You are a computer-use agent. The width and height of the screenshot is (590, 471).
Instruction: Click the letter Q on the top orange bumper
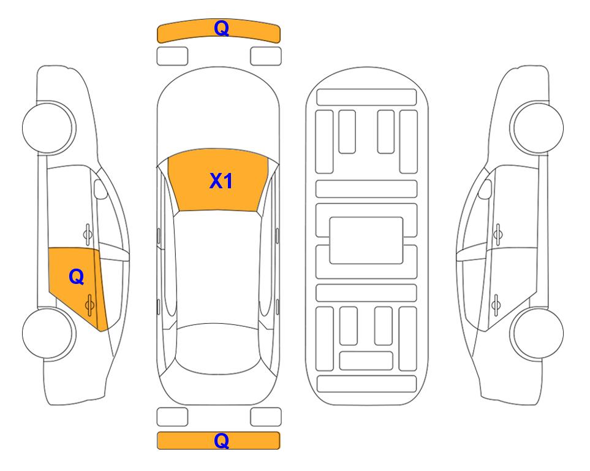click(221, 28)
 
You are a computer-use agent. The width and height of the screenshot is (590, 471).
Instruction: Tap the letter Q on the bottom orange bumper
click(221, 440)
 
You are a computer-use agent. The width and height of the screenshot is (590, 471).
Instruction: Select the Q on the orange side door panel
click(77, 277)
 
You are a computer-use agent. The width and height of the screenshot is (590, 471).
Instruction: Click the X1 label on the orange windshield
click(221, 181)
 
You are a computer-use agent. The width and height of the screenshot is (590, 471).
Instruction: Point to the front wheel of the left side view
click(48, 128)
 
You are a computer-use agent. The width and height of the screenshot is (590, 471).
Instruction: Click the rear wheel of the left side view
click(48, 333)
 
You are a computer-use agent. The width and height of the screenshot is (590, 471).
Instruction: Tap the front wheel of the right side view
click(537, 128)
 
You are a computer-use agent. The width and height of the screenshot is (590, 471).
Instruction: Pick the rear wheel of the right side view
click(537, 333)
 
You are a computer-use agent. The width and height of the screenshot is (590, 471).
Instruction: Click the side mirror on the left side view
click(100, 189)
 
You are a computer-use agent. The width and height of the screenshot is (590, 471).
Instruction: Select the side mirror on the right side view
click(485, 189)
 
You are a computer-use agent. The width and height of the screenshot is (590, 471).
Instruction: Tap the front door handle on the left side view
click(88, 234)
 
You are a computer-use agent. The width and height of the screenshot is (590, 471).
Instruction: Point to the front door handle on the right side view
click(497, 234)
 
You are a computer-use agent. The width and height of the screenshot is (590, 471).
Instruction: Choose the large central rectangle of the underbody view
click(366, 240)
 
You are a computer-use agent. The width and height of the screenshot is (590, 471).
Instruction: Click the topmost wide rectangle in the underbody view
click(366, 98)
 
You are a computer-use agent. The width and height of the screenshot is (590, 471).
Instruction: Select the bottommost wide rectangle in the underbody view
click(366, 383)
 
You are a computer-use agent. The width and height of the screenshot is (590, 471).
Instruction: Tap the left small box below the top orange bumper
click(172, 56)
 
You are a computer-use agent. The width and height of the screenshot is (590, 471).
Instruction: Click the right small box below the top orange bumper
click(266, 56)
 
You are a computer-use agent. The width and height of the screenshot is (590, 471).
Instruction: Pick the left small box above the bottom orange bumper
click(172, 417)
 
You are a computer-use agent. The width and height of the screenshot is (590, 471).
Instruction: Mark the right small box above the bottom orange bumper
click(266, 417)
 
